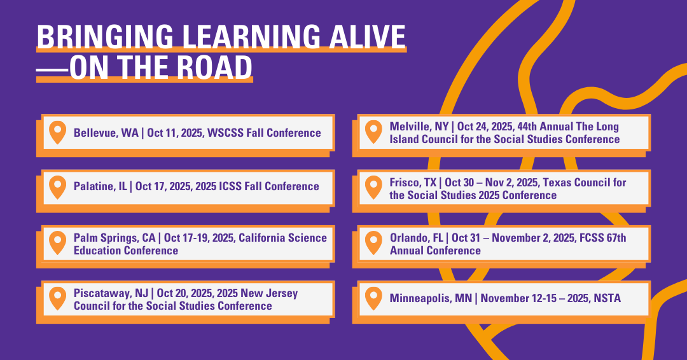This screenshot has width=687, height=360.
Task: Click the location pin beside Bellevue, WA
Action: click(58, 132)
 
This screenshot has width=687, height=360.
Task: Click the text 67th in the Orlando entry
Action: click(614, 238)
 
